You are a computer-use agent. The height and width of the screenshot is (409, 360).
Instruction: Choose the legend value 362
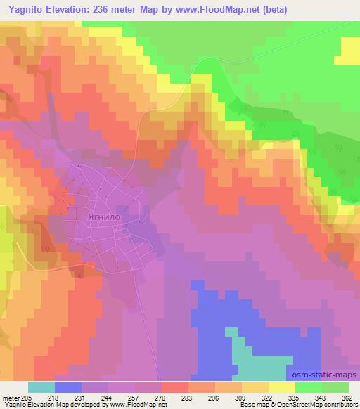click(347, 398)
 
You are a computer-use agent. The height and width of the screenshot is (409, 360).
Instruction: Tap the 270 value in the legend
click(160, 398)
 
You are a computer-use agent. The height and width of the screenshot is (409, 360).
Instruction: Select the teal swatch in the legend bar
click(41, 387)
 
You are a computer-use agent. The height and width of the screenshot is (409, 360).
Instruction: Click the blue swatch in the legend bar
click(68, 387)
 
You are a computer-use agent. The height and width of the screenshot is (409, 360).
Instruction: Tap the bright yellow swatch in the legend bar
click(281, 387)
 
